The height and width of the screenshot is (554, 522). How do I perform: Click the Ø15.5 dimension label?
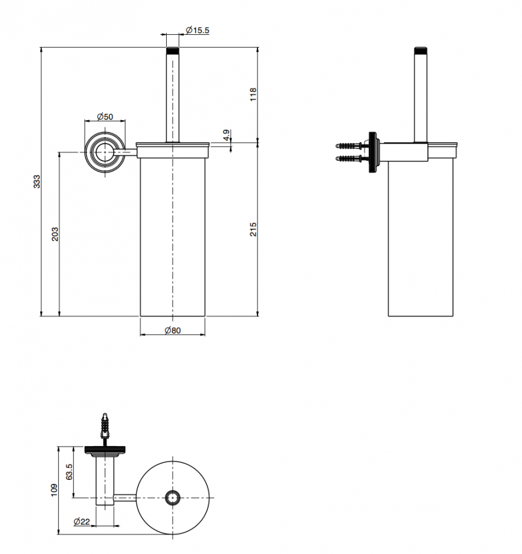197,30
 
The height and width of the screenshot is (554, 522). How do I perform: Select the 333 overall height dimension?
36,181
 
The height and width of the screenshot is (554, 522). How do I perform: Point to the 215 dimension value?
253,229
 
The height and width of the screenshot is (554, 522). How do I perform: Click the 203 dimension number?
55,234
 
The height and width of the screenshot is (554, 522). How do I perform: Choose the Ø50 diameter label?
104,117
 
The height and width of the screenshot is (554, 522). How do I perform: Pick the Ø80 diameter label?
173,331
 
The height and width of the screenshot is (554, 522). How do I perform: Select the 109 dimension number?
54,491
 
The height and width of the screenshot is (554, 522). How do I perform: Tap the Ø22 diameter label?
82,522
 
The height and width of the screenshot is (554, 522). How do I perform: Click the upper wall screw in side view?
351,145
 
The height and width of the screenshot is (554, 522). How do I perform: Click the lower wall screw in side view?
351,159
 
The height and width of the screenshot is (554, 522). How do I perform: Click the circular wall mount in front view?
105,152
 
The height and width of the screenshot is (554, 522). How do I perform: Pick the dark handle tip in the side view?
421,49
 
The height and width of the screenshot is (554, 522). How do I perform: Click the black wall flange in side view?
373,153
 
